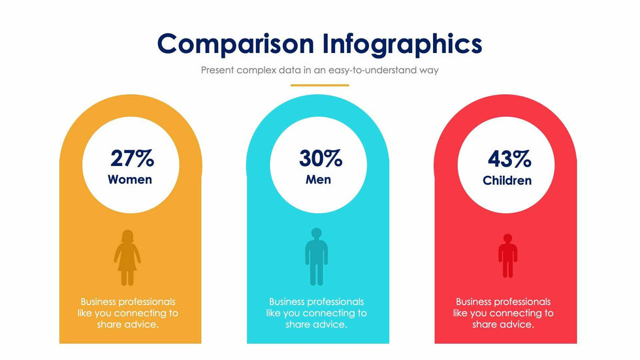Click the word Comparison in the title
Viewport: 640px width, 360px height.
click(236, 44)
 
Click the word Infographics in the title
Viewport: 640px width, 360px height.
click(402, 44)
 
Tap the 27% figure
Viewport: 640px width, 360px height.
click(131, 158)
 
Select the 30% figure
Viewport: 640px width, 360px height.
click(320, 158)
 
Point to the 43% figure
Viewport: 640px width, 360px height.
click(509, 158)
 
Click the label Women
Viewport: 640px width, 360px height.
click(130, 179)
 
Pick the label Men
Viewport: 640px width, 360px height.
click(319, 179)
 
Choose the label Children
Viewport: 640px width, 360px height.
click(507, 180)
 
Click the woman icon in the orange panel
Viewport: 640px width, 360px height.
click(127, 257)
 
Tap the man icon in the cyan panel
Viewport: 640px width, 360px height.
click(317, 257)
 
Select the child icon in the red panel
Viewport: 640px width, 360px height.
click(507, 255)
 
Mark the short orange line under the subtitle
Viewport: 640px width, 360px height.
click(319, 85)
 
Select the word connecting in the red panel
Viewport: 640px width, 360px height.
click(521, 313)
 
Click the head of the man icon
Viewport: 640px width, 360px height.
click(317, 233)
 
